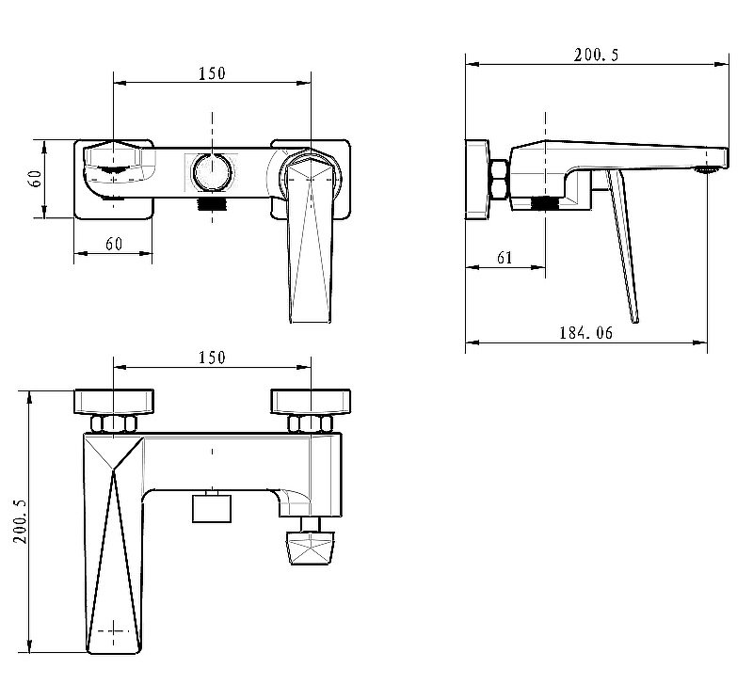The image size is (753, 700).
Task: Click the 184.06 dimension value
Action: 585,332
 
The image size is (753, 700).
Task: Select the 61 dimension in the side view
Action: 505,258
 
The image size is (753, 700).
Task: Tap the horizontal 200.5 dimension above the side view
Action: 597,55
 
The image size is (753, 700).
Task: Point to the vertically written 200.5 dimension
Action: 20,521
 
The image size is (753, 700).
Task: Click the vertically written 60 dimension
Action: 36,179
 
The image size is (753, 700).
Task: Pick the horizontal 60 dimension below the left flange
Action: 114,244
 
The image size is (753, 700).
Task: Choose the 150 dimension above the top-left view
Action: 212,73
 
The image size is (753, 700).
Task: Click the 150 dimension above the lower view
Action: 212,358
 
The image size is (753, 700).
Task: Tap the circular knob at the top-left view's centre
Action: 212,172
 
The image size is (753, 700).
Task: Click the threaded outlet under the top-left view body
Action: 212,203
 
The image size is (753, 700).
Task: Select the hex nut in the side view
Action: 500,179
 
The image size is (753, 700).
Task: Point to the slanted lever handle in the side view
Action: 622,246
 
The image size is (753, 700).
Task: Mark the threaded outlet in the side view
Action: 545,203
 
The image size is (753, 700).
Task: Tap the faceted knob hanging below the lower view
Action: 311,548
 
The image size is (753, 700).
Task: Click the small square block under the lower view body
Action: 212,508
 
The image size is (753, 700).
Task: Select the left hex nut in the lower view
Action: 113,423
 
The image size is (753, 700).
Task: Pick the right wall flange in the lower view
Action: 311,402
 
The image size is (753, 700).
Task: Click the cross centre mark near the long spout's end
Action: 113,630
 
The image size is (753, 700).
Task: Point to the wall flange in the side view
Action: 477,179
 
